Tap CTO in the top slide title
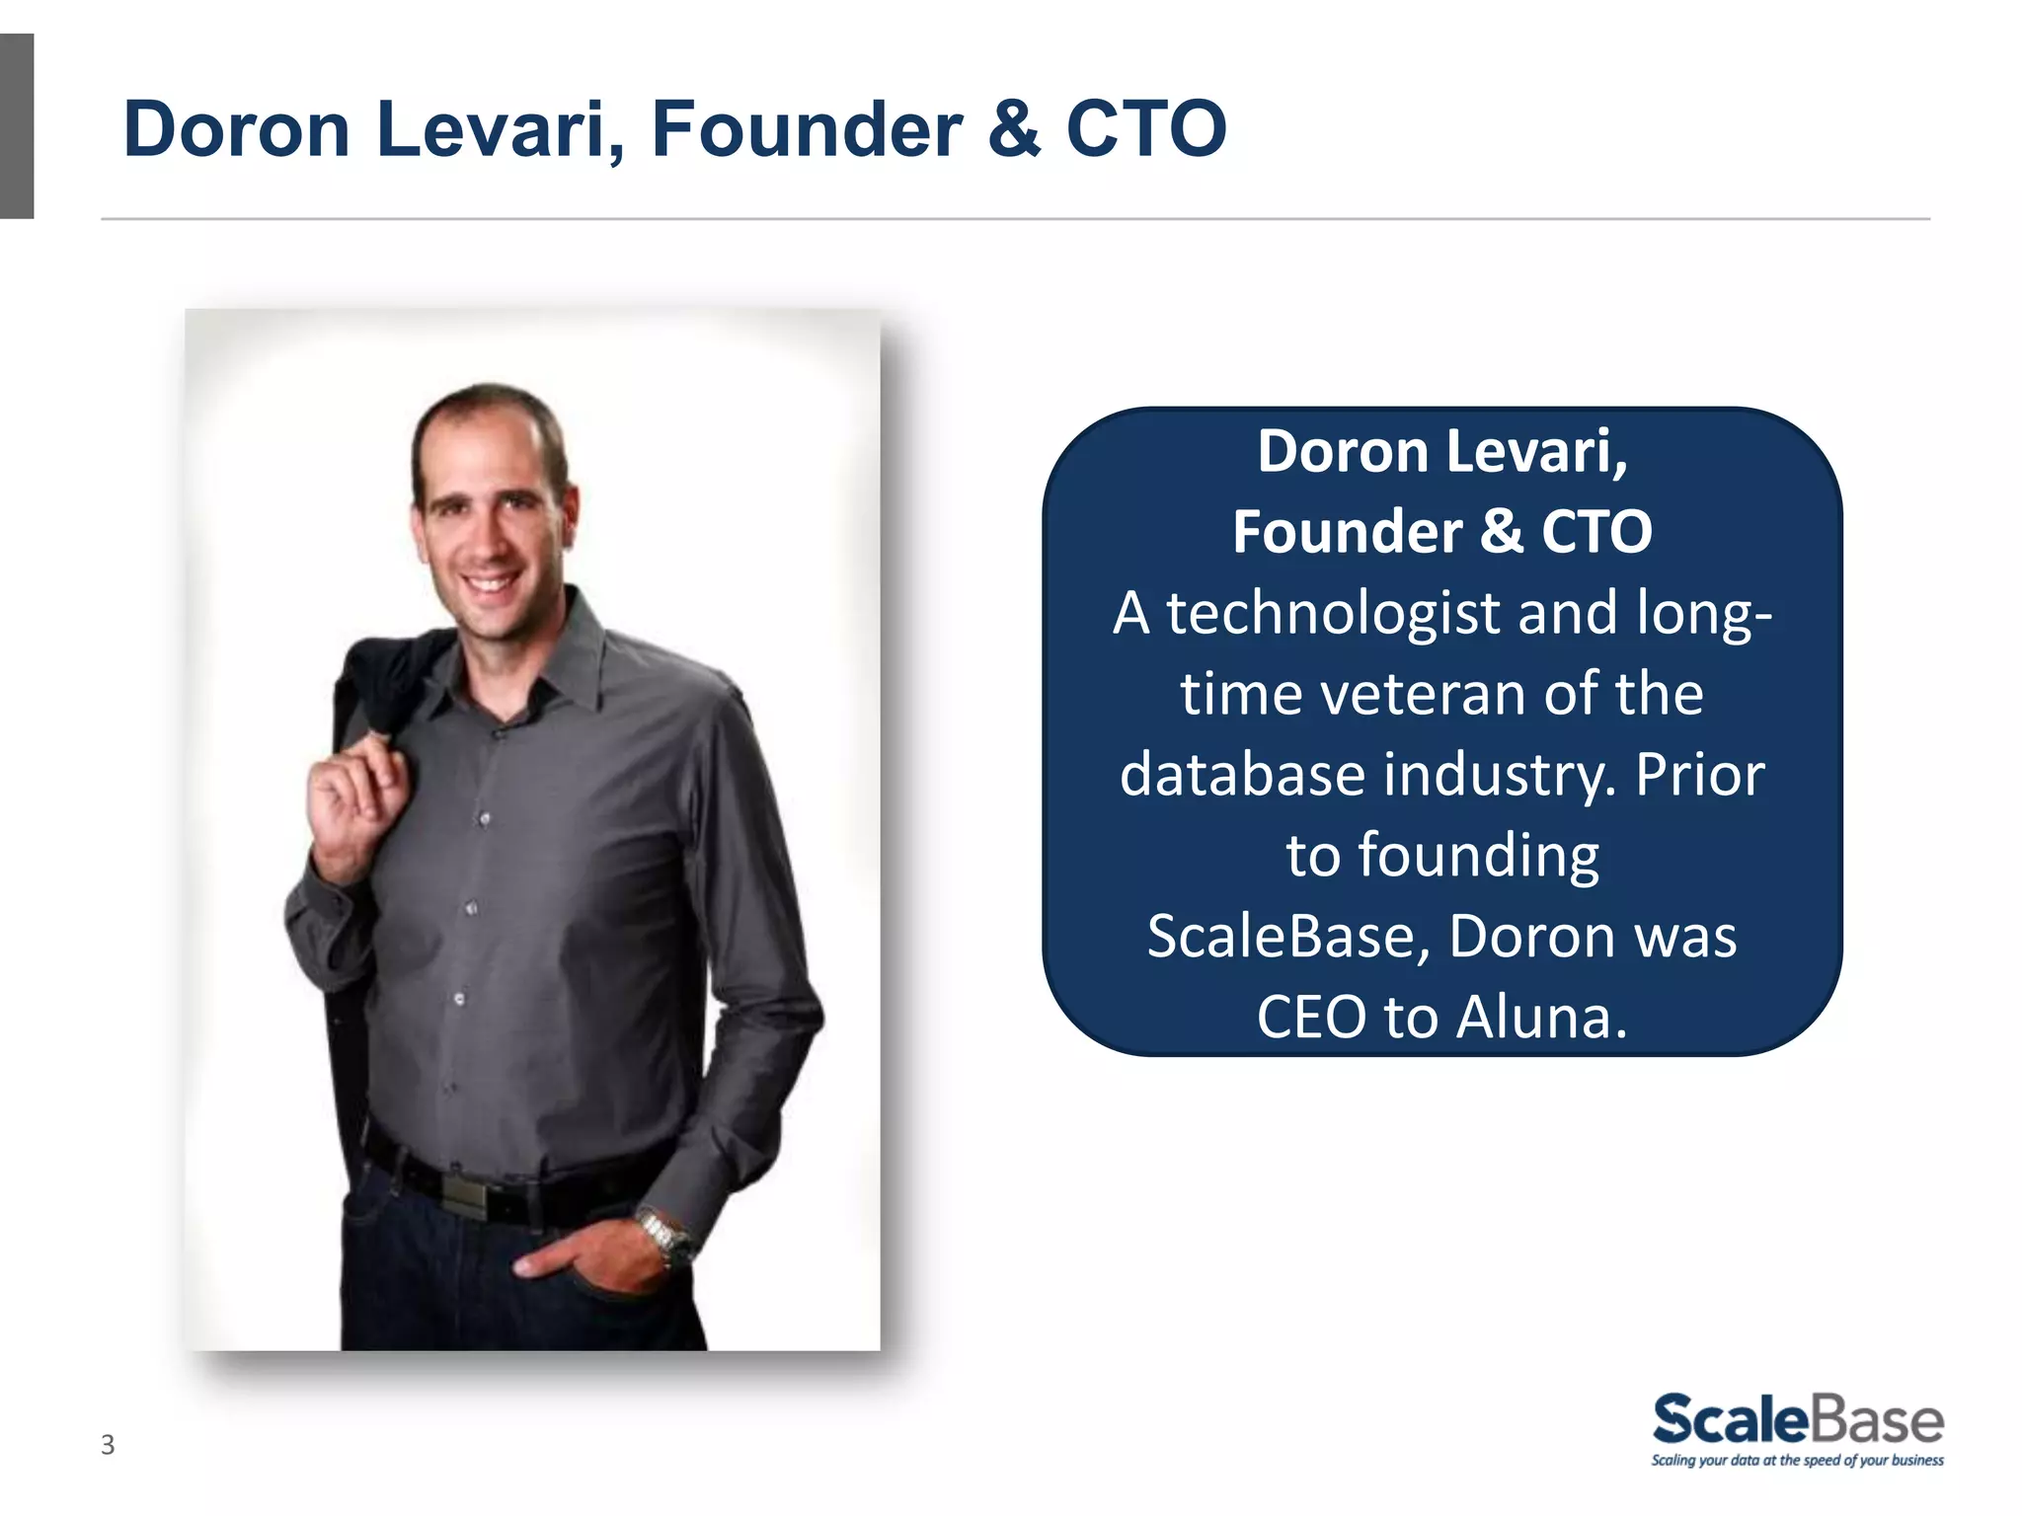point(1146,129)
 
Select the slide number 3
point(108,1445)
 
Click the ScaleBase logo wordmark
point(1797,1419)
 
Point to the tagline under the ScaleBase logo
point(1797,1461)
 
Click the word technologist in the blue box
point(1334,614)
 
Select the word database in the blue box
point(1243,775)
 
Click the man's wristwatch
point(664,1237)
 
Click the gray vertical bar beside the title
point(17,126)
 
